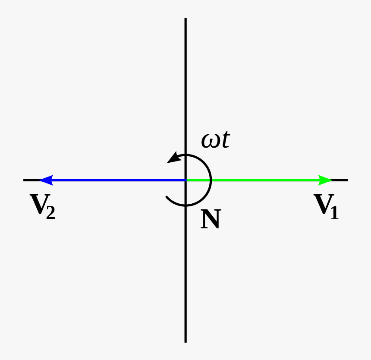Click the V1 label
pyautogui.click(x=326, y=207)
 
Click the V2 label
pyautogui.click(x=42, y=207)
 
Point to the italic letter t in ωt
pyautogui.click(x=224, y=140)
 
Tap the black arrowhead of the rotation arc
pyautogui.click(x=174, y=158)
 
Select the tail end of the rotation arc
pyautogui.click(x=167, y=198)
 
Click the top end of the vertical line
pyautogui.click(x=185, y=19)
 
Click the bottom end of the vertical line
pyautogui.click(x=185, y=341)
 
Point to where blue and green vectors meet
pyautogui.click(x=185, y=180)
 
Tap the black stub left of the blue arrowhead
pyautogui.click(x=31, y=180)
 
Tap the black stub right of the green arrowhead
pyautogui.click(x=340, y=180)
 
